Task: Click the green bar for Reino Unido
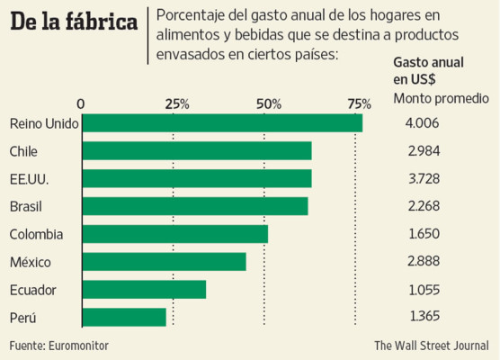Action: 222,123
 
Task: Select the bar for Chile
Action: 197,151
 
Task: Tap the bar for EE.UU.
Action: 197,178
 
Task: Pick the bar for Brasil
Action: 195,206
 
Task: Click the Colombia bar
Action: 175,234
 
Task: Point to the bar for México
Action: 165,262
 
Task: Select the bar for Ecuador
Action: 144,290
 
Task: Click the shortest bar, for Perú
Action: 125,317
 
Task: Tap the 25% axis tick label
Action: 176,103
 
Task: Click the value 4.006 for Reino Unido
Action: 424,123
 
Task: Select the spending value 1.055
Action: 424,290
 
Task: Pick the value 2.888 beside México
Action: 424,262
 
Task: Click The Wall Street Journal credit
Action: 432,345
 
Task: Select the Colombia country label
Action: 36,234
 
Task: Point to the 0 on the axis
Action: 82,103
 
